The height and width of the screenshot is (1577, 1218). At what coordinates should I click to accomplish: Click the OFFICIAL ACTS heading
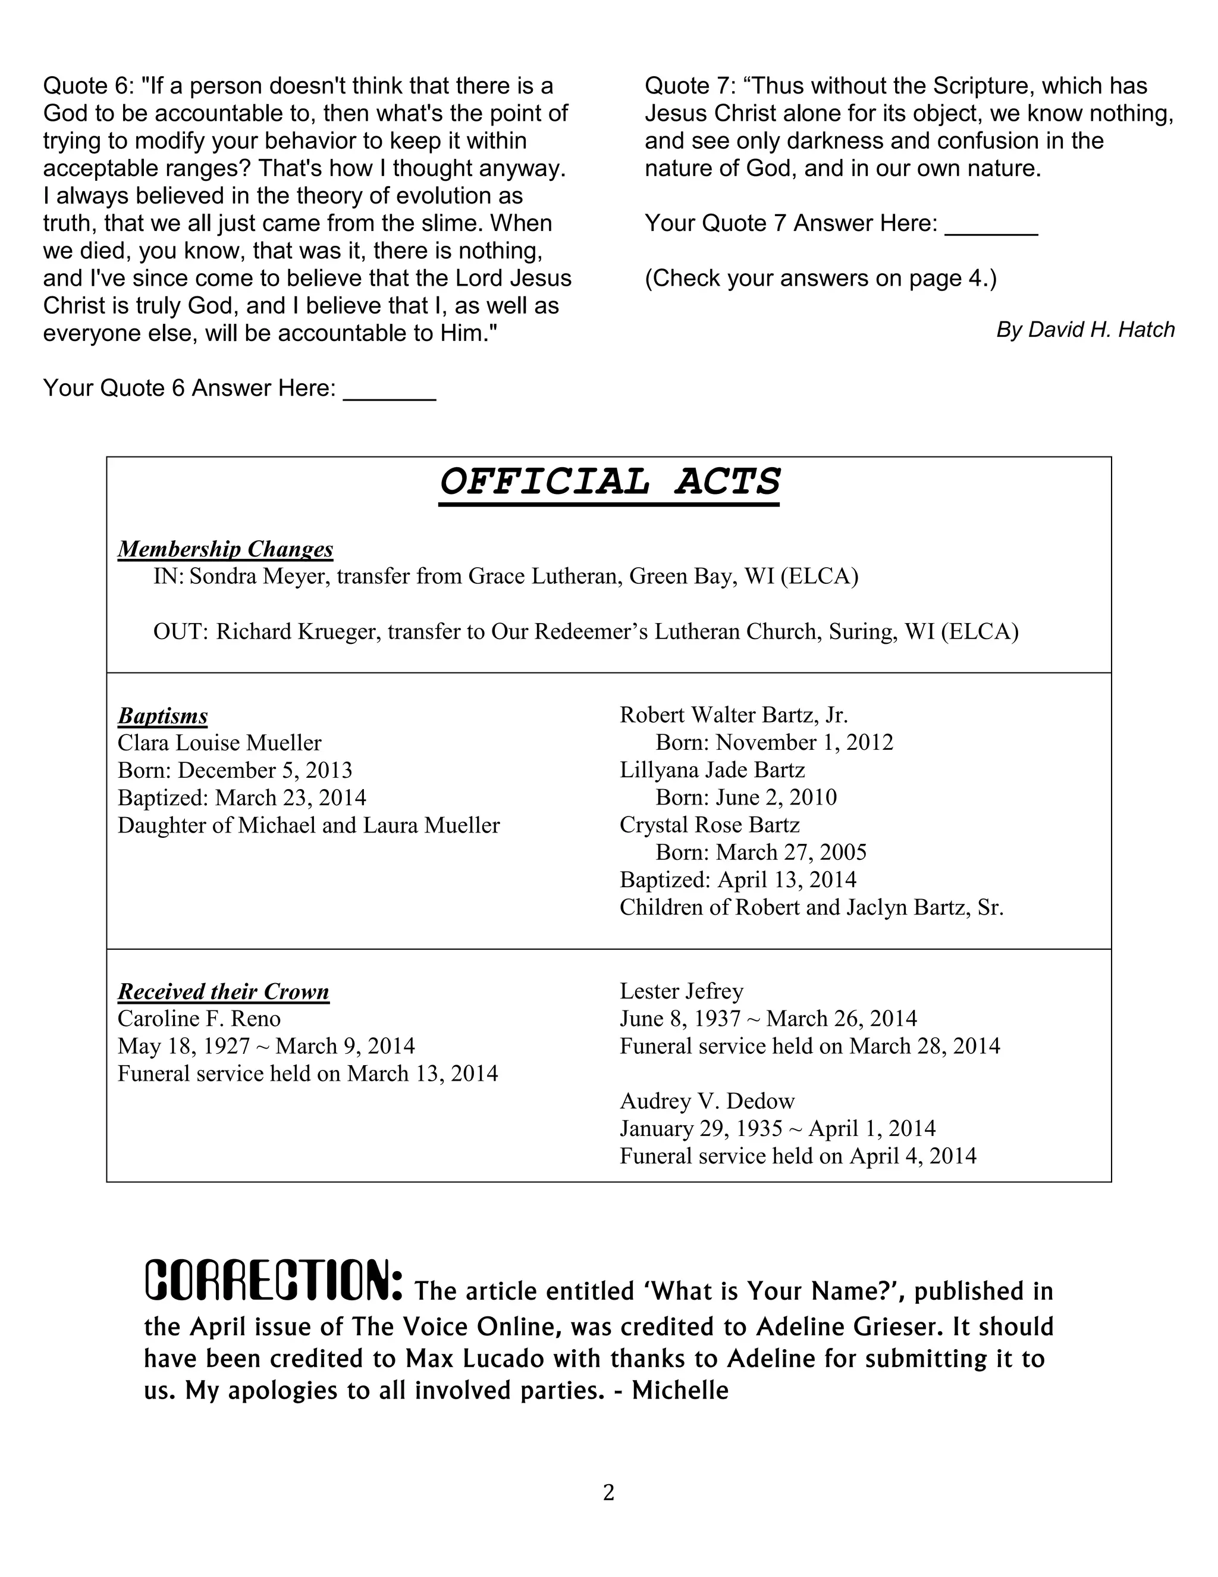610,483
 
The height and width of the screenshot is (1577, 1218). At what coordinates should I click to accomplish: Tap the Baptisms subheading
162,716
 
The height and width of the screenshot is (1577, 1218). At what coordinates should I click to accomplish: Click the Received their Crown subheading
223,991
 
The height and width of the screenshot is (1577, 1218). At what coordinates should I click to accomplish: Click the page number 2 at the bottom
608,1492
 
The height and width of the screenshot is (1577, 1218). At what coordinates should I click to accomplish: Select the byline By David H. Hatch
1085,330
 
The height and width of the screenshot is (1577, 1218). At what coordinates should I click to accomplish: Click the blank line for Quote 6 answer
390,393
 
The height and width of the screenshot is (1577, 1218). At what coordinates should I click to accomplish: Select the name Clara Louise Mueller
219,743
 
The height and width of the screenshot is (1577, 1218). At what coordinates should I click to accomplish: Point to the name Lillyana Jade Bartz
712,771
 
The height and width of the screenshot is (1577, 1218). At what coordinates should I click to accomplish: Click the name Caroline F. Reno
199,1019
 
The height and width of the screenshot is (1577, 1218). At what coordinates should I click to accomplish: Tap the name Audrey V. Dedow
707,1101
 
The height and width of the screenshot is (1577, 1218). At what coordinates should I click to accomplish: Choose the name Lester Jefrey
681,991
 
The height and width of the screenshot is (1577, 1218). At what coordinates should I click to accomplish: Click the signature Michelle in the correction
680,1391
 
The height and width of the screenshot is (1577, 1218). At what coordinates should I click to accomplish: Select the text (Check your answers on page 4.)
820,279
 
